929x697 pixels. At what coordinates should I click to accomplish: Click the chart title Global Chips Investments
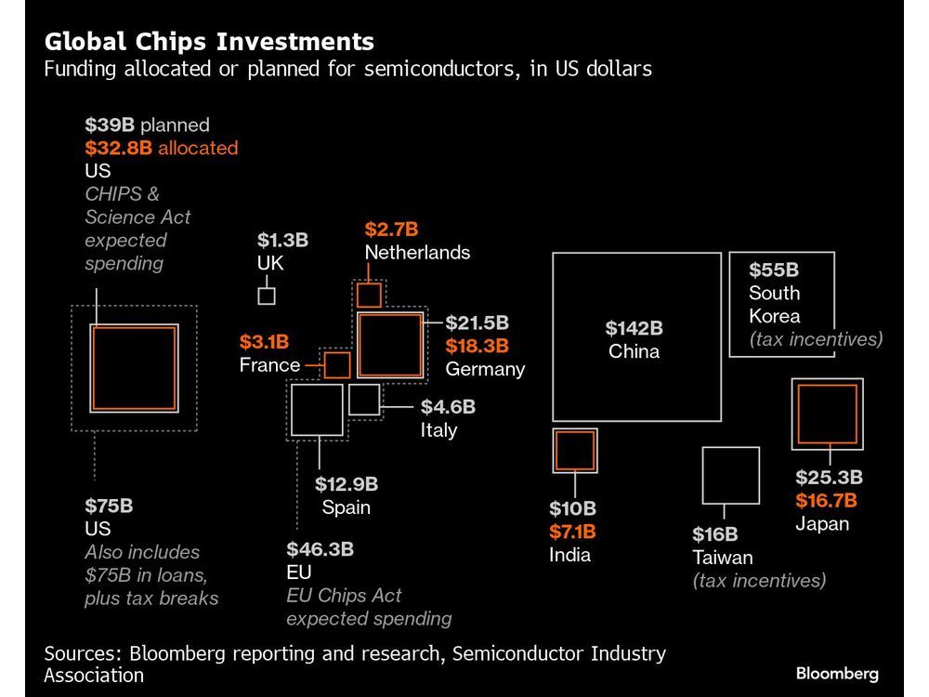coord(209,42)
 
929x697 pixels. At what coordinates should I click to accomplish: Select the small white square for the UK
coord(266,296)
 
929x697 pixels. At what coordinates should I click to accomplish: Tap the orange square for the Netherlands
coord(369,296)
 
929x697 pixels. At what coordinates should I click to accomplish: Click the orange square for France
coord(336,365)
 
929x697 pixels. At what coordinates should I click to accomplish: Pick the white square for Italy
coord(364,399)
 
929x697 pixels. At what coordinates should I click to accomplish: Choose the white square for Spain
coord(318,410)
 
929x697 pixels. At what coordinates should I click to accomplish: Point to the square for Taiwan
coord(730,475)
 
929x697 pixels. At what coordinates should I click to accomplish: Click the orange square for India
coord(574,451)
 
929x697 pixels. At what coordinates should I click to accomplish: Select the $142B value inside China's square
coord(634,328)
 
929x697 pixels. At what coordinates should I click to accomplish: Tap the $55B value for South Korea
coord(774,270)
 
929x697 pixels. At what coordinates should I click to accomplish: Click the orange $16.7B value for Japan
coord(826,501)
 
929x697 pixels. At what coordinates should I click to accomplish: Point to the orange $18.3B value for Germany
coord(478,346)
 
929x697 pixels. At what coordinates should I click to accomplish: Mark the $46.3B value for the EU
coord(320,548)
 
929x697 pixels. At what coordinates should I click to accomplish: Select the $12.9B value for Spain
coord(346,483)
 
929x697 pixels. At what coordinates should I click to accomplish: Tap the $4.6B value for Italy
coord(448,407)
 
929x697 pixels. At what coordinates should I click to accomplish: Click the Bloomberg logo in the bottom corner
coord(836,674)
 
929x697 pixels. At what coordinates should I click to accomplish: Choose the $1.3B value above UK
coord(282,241)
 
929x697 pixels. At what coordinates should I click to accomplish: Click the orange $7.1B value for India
coord(571,532)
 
